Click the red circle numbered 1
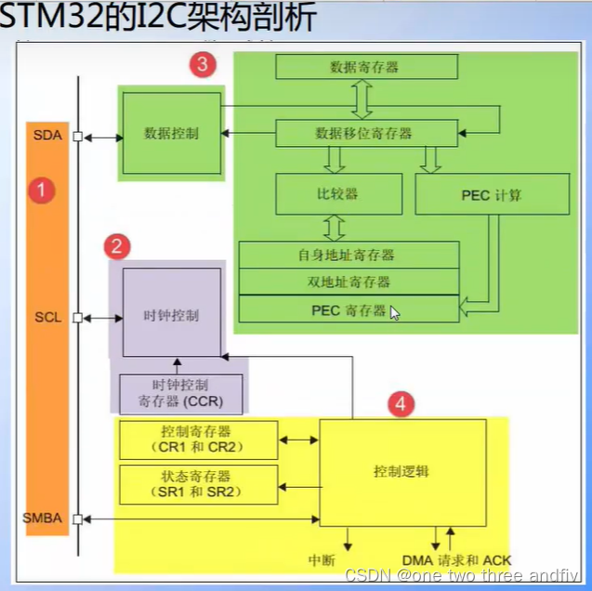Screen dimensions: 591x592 point(41,191)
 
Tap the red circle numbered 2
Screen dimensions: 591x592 point(117,246)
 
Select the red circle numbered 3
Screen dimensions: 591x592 point(203,65)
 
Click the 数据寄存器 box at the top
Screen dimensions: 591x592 point(367,67)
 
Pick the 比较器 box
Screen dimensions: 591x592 point(338,194)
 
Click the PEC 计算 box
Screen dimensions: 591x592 point(491,194)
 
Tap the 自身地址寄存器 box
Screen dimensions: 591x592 point(349,254)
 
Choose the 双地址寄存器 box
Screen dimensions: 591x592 point(349,282)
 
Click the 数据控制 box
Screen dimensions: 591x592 point(171,133)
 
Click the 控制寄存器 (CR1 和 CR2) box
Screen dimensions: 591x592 point(199,440)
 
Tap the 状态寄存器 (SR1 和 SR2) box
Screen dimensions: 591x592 point(199,485)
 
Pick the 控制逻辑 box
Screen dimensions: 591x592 point(401,472)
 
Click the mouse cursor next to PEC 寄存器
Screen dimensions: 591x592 point(395,313)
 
